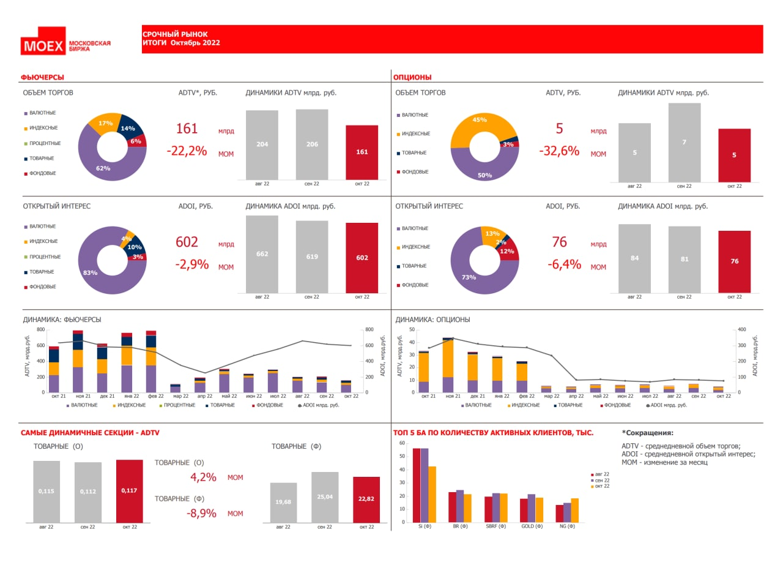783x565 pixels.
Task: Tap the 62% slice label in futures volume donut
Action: (103, 168)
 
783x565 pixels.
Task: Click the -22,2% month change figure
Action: (187, 151)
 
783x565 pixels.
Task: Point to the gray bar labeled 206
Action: (312, 144)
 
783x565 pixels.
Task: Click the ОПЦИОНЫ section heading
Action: (412, 77)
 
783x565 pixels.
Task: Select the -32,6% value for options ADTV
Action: (558, 151)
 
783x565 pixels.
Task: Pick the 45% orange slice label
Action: (480, 120)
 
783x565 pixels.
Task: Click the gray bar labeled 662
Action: (262, 254)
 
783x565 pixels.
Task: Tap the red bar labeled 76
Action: (734, 261)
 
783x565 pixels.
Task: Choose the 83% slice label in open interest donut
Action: (90, 272)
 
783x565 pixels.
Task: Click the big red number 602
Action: (187, 242)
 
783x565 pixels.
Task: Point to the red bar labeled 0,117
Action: (129, 491)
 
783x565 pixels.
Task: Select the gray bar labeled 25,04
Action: (325, 497)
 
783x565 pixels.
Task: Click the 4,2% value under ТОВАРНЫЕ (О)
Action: (203, 477)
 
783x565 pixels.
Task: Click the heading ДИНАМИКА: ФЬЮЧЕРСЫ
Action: (62, 320)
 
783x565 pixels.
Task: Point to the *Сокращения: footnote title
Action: (648, 433)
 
